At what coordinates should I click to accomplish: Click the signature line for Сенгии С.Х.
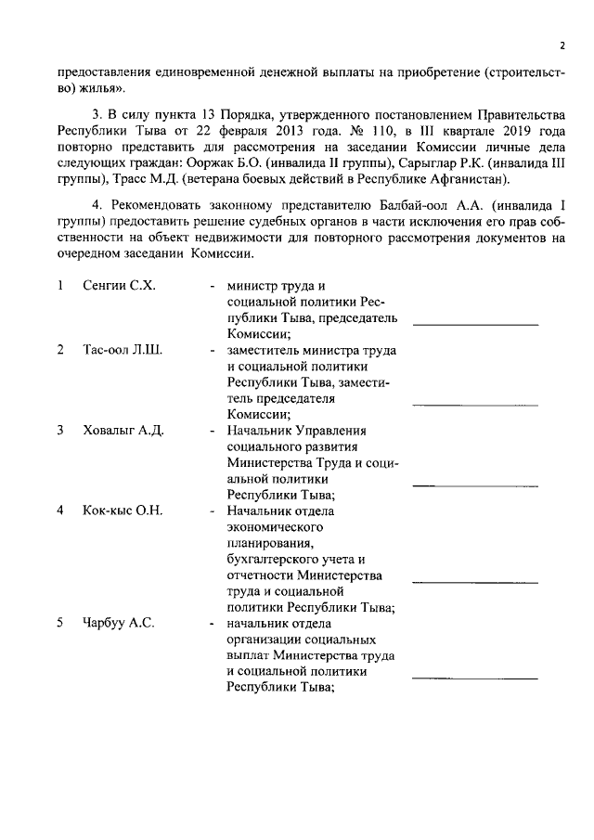[475, 325]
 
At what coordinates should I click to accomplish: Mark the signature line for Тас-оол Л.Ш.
[475, 405]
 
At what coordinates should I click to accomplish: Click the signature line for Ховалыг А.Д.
[475, 485]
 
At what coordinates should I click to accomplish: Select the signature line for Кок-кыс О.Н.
[475, 581]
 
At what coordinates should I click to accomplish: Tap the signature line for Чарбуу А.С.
[475, 678]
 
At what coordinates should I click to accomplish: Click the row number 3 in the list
[59, 431]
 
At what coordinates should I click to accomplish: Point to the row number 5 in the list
[59, 623]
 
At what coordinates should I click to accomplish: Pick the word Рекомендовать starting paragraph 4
[154, 205]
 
